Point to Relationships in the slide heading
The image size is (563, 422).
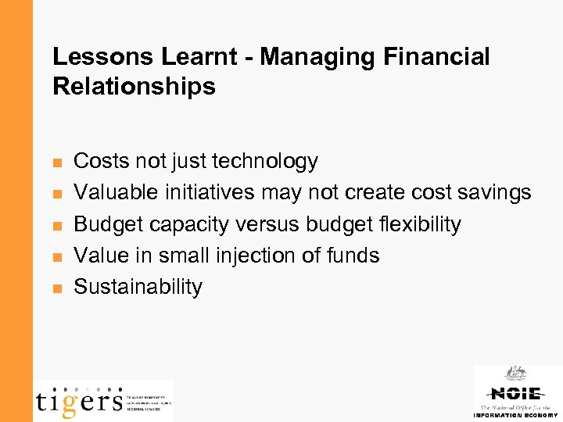point(134,87)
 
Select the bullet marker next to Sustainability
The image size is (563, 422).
point(56,288)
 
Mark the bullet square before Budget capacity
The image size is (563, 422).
point(56,226)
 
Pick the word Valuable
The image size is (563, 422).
point(110,193)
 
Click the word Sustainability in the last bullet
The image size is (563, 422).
point(138,287)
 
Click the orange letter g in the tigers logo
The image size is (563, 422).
point(69,402)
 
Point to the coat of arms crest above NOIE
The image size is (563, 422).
point(515,373)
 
